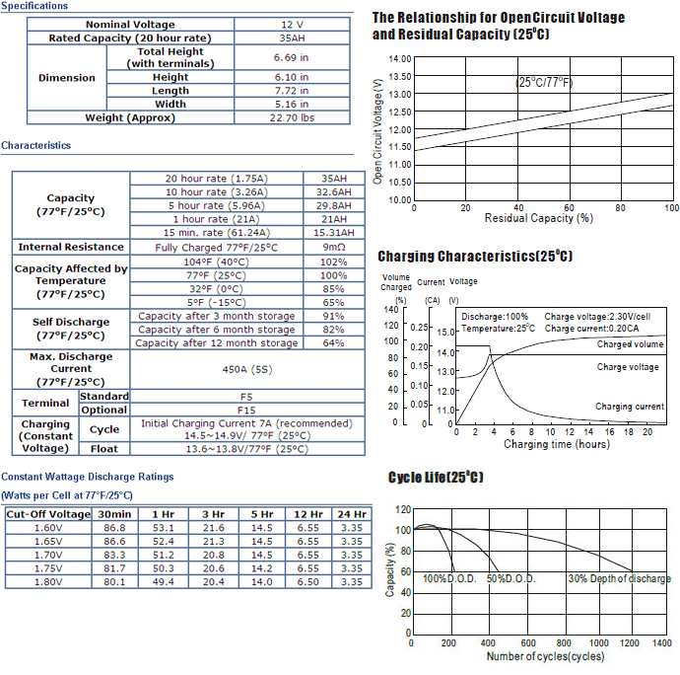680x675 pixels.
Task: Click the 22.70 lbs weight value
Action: pyautogui.click(x=292, y=117)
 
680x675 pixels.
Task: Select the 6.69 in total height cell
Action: pyautogui.click(x=291, y=57)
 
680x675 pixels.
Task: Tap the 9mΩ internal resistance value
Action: pyautogui.click(x=333, y=247)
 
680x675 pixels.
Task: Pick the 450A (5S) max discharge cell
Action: pyautogui.click(x=247, y=370)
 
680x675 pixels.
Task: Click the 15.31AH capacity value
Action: pyautogui.click(x=333, y=233)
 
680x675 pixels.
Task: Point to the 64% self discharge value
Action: pyautogui.click(x=333, y=343)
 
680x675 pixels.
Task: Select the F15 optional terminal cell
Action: pyautogui.click(x=246, y=411)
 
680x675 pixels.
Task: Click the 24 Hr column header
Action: pyautogui.click(x=352, y=514)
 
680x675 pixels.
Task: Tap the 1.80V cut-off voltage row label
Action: pyautogui.click(x=48, y=581)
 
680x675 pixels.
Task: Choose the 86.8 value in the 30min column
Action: pyautogui.click(x=114, y=528)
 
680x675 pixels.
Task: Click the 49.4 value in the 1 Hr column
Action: pyautogui.click(x=163, y=581)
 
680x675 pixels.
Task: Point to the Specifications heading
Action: pyautogui.click(x=34, y=6)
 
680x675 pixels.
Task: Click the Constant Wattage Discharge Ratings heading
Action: pyautogui.click(x=87, y=477)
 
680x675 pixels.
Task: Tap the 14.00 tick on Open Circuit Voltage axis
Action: pyautogui.click(x=400, y=58)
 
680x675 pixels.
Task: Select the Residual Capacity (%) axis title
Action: pyautogui.click(x=539, y=218)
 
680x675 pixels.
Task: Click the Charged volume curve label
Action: pyautogui.click(x=630, y=344)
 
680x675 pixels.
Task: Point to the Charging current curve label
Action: pyautogui.click(x=630, y=407)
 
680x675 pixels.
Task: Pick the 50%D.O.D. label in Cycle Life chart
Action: pyautogui.click(x=510, y=578)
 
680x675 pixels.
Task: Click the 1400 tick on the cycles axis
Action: pyautogui.click(x=662, y=642)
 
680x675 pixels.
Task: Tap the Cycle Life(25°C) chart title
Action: pyautogui.click(x=436, y=477)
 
